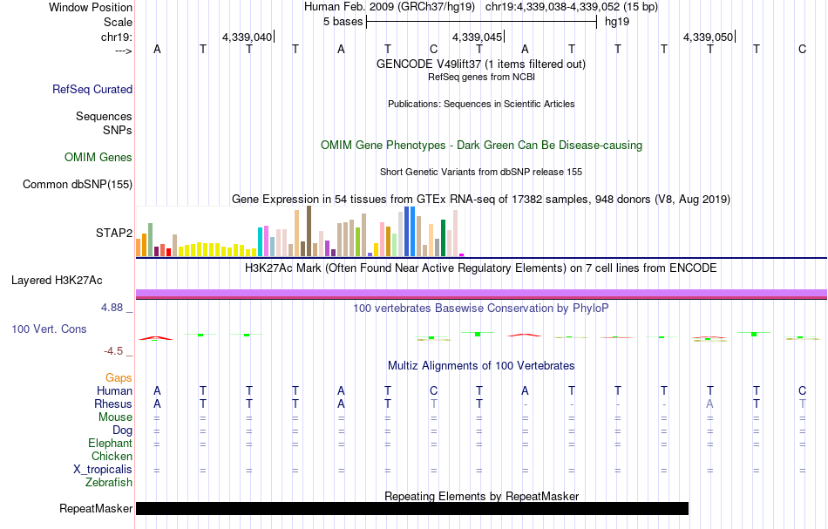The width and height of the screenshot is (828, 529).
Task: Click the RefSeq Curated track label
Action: [x=92, y=89]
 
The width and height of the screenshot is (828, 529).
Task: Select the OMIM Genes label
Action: [x=98, y=158]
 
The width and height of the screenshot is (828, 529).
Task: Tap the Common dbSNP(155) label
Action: [x=78, y=184]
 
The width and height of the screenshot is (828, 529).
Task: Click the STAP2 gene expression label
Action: [x=114, y=233]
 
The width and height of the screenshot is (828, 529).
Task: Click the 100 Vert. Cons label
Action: [x=49, y=329]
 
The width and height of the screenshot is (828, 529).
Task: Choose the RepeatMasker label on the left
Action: [x=96, y=508]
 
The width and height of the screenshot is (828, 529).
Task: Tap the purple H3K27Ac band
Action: [x=480, y=293]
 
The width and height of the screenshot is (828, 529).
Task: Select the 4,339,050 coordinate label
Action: [x=709, y=37]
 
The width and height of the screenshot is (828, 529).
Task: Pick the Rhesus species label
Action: [x=113, y=404]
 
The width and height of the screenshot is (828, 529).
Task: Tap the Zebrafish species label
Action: [x=109, y=482]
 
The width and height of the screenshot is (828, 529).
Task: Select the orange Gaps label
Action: [x=119, y=377]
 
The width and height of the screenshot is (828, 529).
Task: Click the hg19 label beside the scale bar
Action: [x=617, y=20]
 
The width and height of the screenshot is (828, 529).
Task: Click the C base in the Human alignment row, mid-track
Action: [x=433, y=391]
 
